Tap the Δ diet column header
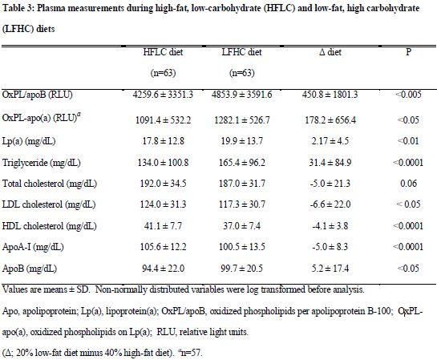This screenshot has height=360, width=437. point(330,52)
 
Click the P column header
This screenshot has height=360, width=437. point(408,52)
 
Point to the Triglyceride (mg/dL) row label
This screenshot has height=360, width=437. point(42,163)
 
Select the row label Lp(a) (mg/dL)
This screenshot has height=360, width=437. point(29,141)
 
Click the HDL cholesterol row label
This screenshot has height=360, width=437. point(50,225)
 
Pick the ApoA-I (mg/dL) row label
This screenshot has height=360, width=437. point(33,247)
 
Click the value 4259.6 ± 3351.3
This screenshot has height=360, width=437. point(163,95)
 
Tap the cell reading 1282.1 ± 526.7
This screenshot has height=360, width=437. point(242,120)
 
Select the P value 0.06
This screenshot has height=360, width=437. point(409,184)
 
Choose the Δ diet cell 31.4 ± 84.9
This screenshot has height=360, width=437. point(330,163)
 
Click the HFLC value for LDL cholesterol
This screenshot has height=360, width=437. point(163,204)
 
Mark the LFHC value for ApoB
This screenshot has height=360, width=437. point(241,269)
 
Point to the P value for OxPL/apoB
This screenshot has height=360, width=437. point(408,95)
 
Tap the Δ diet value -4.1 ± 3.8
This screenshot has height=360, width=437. point(330,225)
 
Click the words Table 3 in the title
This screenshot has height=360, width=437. point(18,8)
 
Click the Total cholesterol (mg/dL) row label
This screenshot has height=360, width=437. point(50,184)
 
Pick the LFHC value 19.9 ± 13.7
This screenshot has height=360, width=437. point(241,141)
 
